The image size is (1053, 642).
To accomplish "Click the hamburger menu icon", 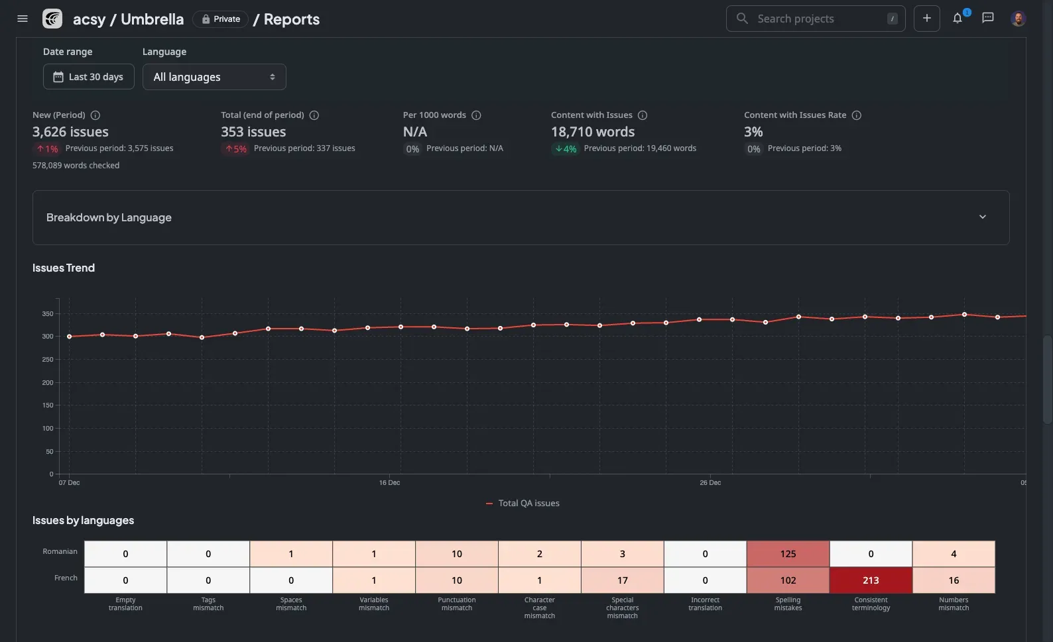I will tap(23, 19).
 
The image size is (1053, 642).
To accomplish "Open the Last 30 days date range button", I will tap(89, 77).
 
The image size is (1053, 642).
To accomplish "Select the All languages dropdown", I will tap(214, 77).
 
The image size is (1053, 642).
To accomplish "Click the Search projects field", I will tap(815, 19).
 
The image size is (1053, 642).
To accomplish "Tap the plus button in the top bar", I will tap(926, 19).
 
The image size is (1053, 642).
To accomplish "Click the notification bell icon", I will tap(958, 19).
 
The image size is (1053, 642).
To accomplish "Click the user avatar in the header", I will tap(1018, 19).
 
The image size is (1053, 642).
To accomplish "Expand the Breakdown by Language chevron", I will tap(982, 217).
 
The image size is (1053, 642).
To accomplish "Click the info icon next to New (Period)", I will tap(95, 115).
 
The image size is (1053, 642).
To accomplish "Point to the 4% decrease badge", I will tap(566, 149).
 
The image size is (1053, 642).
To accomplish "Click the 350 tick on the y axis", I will tap(47, 314).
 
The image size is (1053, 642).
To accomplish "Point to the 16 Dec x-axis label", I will tap(389, 483).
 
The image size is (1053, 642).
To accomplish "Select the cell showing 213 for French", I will tap(871, 580).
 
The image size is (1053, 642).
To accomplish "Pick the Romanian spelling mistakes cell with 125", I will tap(788, 554).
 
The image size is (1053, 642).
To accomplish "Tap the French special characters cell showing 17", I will tap(622, 580).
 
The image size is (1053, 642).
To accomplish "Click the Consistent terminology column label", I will tap(871, 604).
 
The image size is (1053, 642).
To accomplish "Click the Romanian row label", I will tap(60, 551).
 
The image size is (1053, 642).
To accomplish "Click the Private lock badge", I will tap(221, 19).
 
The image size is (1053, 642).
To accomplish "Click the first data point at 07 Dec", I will tap(69, 337).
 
